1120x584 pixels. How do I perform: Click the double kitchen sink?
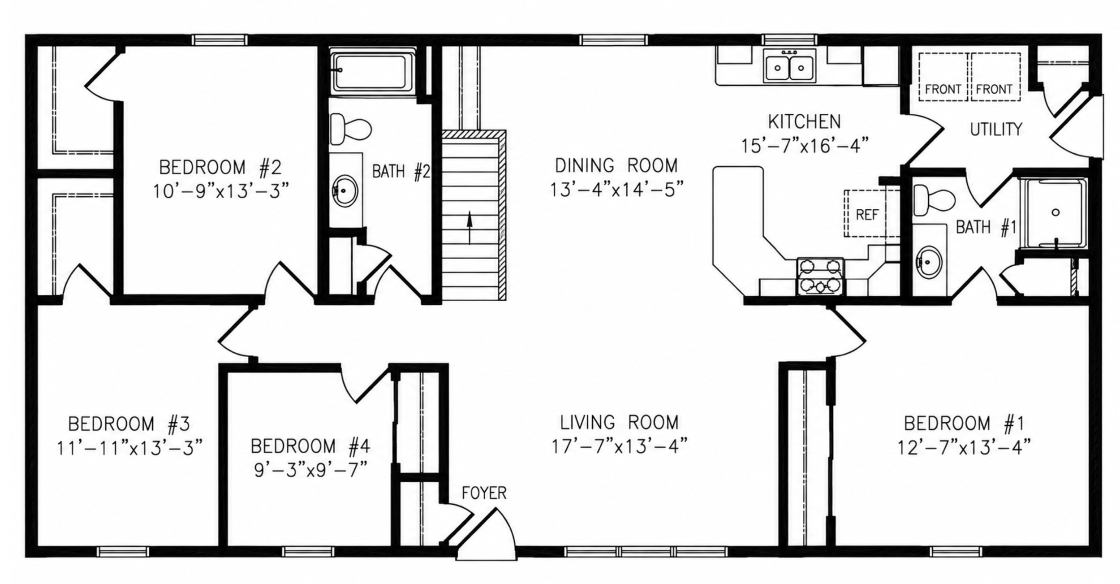pyautogui.click(x=789, y=66)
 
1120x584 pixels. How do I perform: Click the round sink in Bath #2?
pyautogui.click(x=345, y=191)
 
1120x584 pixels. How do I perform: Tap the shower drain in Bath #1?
pyautogui.click(x=1055, y=212)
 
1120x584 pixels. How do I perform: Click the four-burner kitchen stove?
pyautogui.click(x=820, y=276)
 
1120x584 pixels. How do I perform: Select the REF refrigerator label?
pyautogui.click(x=867, y=215)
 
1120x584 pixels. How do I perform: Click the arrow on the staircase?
pyautogui.click(x=470, y=228)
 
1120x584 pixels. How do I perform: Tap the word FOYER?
pyautogui.click(x=484, y=493)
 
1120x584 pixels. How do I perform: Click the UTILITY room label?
pyautogui.click(x=996, y=130)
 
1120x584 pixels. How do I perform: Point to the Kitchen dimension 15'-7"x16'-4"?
pyautogui.click(x=805, y=146)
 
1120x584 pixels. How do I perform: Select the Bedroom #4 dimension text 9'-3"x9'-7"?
pyautogui.click(x=310, y=471)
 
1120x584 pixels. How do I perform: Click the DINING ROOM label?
pyautogui.click(x=616, y=166)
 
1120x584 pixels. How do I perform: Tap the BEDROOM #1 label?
pyautogui.click(x=964, y=424)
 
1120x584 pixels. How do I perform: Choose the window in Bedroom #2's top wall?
pyautogui.click(x=220, y=40)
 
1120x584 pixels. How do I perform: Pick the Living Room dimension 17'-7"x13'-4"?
pyautogui.click(x=619, y=446)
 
